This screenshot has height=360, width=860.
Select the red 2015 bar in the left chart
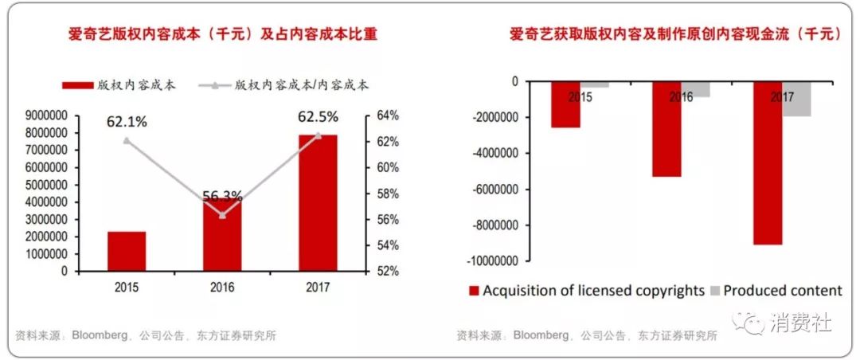pyautogui.click(x=127, y=251)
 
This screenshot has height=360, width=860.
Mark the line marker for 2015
pyautogui.click(x=127, y=140)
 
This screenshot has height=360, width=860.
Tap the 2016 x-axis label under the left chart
pyautogui.click(x=222, y=288)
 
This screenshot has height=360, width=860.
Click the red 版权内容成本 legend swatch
pyautogui.click(x=76, y=84)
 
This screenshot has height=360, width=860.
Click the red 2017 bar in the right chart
pyautogui.click(x=768, y=162)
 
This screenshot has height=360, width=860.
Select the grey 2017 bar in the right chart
pyautogui.click(x=796, y=99)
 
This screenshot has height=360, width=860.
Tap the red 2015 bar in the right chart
pyautogui.click(x=566, y=104)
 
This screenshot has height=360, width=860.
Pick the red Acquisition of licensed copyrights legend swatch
pyautogui.click(x=475, y=291)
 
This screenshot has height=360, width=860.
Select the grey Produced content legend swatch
pyautogui.click(x=715, y=291)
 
